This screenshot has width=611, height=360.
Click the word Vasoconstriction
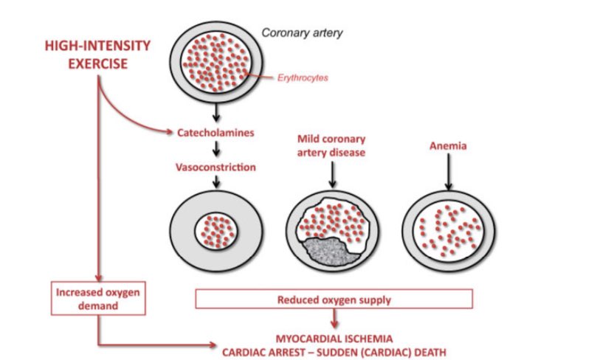[215, 167]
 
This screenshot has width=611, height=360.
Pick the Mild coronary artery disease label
[332, 145]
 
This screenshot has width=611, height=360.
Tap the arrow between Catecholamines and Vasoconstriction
[215, 150]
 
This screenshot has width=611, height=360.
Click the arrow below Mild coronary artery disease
[333, 174]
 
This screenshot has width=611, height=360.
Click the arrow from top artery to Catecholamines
[215, 113]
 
